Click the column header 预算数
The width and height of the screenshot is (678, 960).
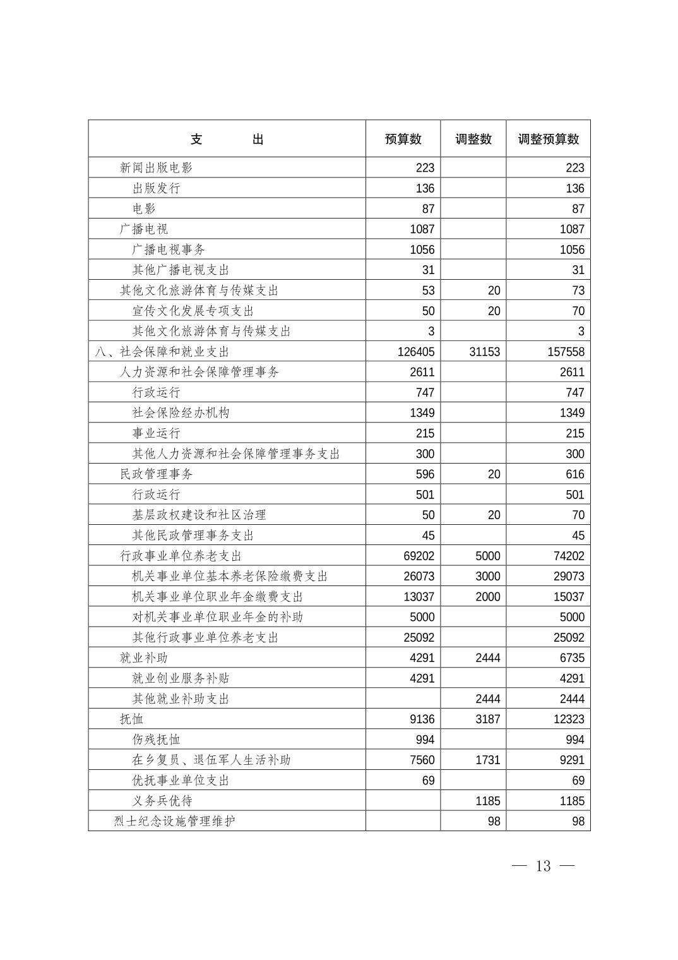point(403,140)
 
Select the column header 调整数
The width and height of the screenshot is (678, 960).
point(473,140)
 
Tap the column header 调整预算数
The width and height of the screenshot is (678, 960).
point(548,140)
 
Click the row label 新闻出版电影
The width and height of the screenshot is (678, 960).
point(156,168)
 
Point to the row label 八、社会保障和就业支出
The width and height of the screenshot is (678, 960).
point(162,352)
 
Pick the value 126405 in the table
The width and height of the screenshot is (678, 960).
point(415,352)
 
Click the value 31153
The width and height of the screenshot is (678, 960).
point(484,352)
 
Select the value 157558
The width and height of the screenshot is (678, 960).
point(566,352)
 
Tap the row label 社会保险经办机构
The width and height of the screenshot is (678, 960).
point(181,413)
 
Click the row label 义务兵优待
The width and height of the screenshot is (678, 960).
point(162,801)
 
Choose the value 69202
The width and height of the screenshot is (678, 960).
point(419,556)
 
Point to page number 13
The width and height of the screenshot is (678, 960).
point(543,866)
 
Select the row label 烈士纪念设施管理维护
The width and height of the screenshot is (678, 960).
point(174,822)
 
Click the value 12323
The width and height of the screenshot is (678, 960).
point(569,719)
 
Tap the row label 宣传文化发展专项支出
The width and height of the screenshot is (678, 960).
point(193,311)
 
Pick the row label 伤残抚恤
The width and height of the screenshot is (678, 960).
point(156,740)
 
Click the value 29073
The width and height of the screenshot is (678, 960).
point(569,577)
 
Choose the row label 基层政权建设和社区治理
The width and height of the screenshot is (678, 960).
point(199,515)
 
